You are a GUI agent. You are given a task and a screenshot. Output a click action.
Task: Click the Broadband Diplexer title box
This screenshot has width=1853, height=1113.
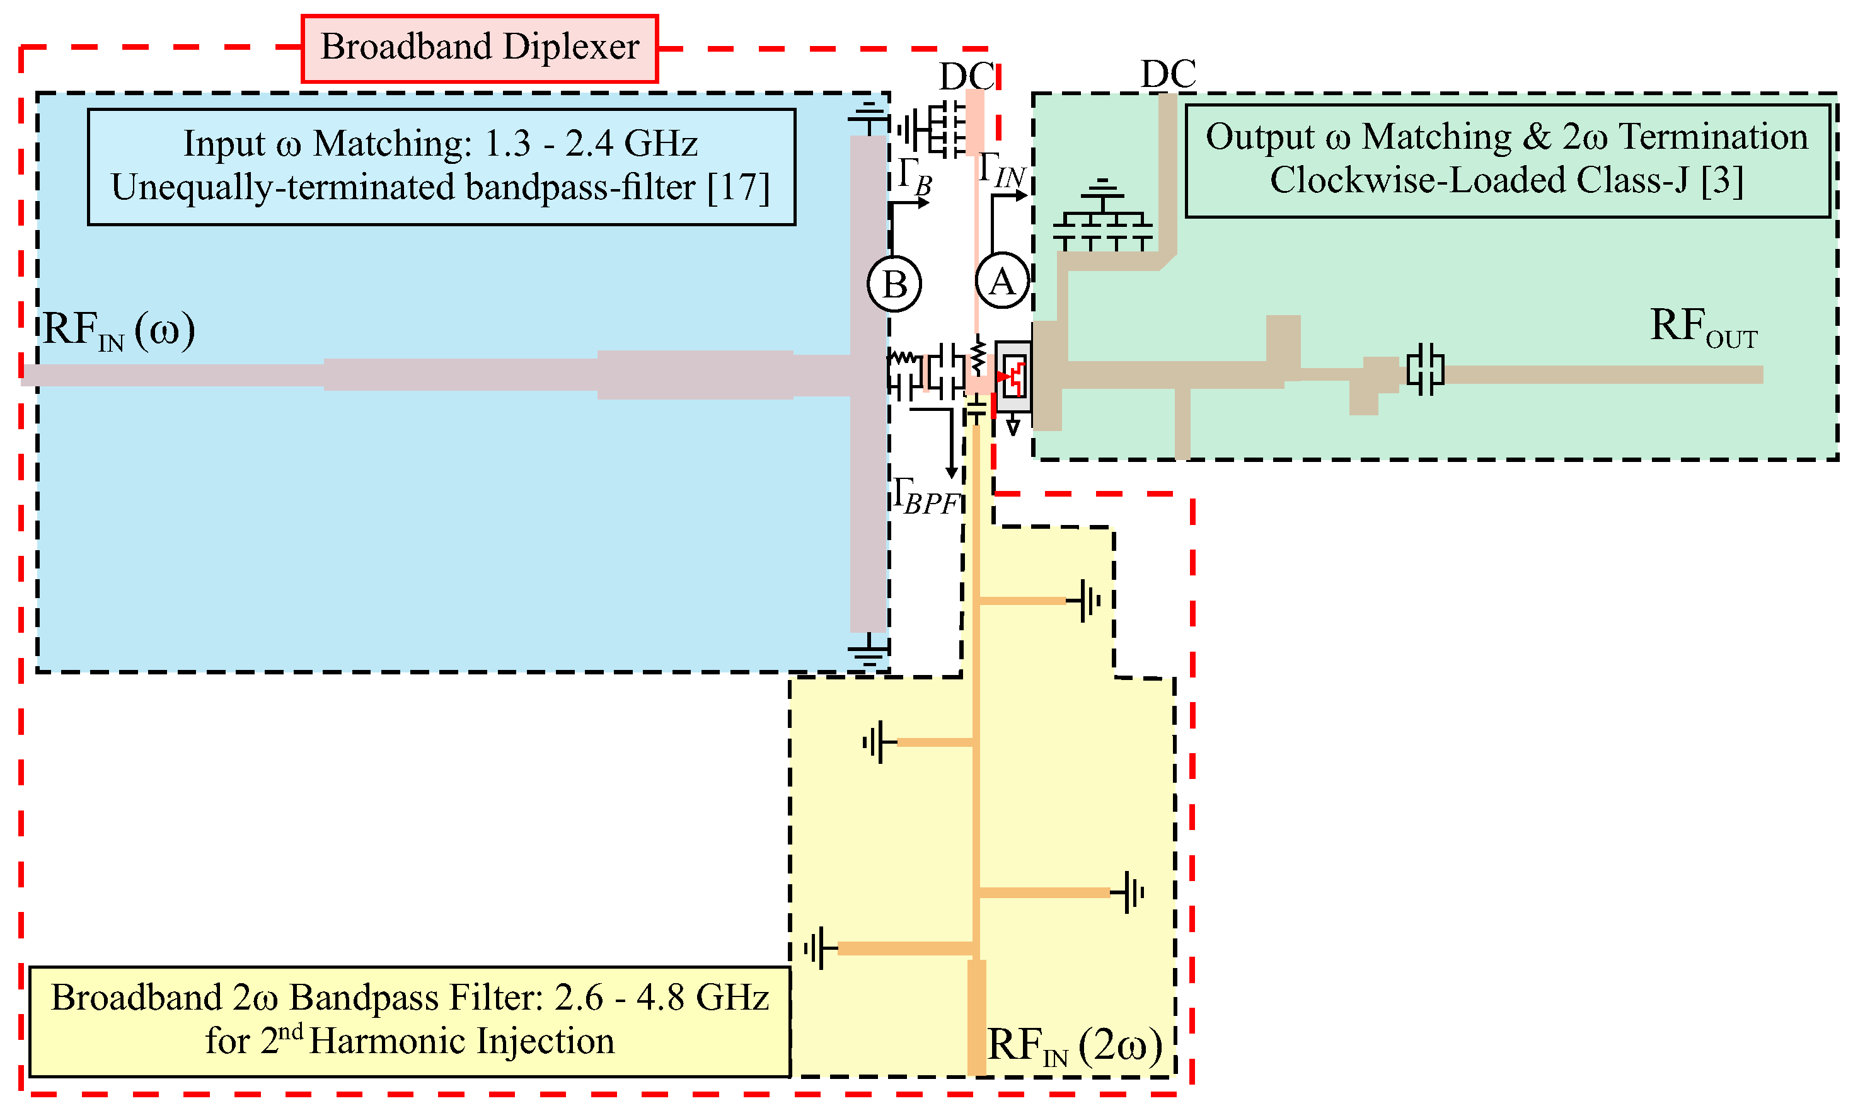point(479,48)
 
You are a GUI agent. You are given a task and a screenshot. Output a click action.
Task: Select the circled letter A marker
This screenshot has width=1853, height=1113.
point(1002,281)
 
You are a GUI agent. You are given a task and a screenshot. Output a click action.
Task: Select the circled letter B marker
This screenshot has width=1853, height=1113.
point(894,284)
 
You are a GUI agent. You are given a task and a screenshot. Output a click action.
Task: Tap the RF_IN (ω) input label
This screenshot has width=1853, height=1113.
point(118,331)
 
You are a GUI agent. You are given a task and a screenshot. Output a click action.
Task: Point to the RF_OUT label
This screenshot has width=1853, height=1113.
point(1702,328)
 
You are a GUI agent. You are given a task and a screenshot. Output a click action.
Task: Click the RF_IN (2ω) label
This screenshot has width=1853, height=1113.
point(1074,1046)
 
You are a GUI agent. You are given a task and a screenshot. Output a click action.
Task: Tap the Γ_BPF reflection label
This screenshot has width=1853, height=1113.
point(927,497)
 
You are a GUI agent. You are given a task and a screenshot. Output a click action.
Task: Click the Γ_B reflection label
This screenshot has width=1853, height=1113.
point(914,177)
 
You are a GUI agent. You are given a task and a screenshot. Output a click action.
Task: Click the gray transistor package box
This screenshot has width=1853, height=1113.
point(1013,376)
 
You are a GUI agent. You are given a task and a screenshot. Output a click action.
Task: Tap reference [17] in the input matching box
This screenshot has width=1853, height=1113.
point(738,188)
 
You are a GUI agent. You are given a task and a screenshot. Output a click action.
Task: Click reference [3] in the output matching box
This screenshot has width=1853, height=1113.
point(1721,181)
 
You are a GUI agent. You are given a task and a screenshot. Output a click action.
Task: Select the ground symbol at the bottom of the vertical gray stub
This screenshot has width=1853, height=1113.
point(868,652)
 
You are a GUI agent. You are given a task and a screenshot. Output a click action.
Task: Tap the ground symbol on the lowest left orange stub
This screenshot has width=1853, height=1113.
point(818,949)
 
